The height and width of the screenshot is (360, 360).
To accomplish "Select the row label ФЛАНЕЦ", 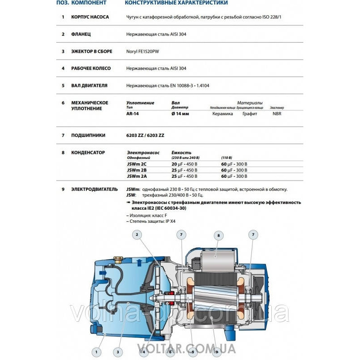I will click(81, 34).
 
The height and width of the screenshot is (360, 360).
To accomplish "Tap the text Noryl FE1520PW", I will click(143, 51).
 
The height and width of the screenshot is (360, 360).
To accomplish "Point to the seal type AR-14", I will click(133, 114).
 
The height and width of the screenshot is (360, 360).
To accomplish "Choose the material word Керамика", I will click(223, 114).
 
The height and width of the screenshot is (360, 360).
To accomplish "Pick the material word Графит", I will click(250, 114).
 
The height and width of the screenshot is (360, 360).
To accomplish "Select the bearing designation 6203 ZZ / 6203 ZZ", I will click(145, 135).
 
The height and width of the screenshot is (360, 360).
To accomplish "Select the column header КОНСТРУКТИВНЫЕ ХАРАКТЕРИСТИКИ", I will click(176, 3).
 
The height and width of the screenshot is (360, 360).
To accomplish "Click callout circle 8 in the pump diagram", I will click(218, 235).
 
